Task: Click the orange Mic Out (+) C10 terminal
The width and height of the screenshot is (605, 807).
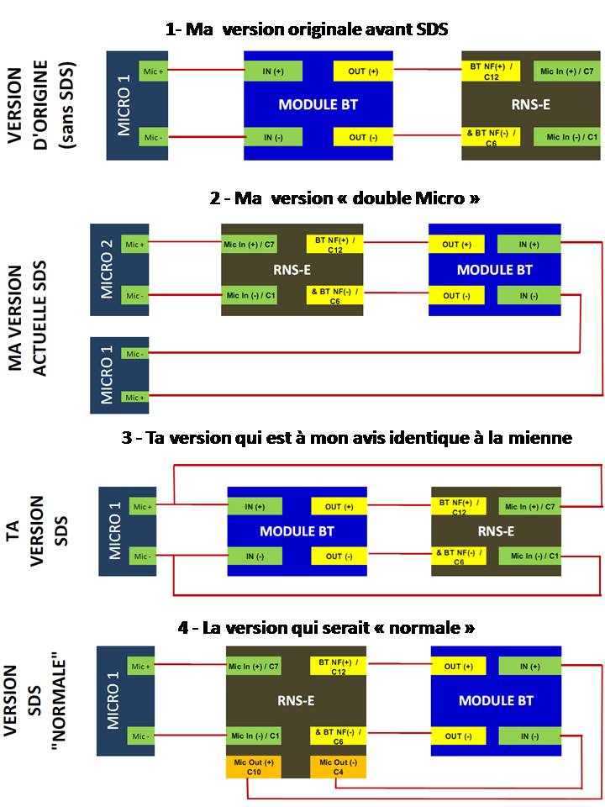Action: tap(254, 767)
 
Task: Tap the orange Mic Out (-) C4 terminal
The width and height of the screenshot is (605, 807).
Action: tap(338, 767)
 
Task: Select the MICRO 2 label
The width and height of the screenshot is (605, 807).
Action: tap(107, 269)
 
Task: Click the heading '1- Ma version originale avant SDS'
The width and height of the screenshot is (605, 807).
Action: tap(307, 29)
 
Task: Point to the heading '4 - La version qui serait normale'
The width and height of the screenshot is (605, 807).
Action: tap(326, 628)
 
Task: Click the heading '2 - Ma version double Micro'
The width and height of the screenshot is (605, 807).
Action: tap(345, 198)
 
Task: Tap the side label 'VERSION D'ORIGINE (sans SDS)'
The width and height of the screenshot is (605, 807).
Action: tap(41, 106)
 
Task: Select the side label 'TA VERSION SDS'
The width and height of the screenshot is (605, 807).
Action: tap(37, 530)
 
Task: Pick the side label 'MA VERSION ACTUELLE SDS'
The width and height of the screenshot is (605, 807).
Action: tap(28, 319)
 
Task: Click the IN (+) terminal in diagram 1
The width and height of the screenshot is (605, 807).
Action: tap(272, 71)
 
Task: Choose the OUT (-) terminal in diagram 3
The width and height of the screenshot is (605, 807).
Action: tap(339, 556)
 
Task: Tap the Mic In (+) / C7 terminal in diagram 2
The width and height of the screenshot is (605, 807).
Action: tap(249, 245)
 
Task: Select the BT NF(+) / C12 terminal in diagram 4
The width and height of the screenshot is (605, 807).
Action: tap(338, 667)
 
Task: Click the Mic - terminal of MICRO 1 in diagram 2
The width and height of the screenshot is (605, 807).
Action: tap(134, 354)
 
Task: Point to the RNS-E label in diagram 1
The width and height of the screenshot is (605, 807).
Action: tap(530, 105)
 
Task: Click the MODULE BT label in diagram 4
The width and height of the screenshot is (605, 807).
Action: tap(496, 700)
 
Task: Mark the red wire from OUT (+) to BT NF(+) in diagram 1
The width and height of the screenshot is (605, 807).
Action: tap(427, 69)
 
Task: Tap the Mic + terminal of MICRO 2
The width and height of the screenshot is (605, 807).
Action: tap(134, 245)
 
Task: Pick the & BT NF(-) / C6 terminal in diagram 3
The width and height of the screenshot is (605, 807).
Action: tap(459, 556)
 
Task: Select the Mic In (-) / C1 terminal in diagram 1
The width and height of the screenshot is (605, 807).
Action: tap(566, 137)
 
